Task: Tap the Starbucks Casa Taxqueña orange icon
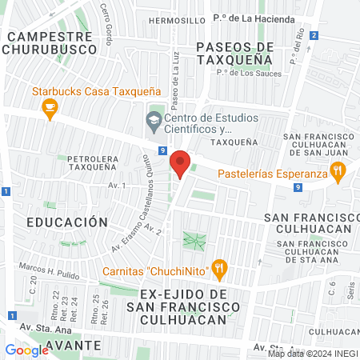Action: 50,109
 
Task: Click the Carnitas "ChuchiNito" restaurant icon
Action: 219,269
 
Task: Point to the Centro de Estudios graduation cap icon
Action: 154,122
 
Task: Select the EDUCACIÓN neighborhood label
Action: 66,221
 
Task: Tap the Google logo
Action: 27,350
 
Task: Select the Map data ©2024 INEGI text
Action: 312,353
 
